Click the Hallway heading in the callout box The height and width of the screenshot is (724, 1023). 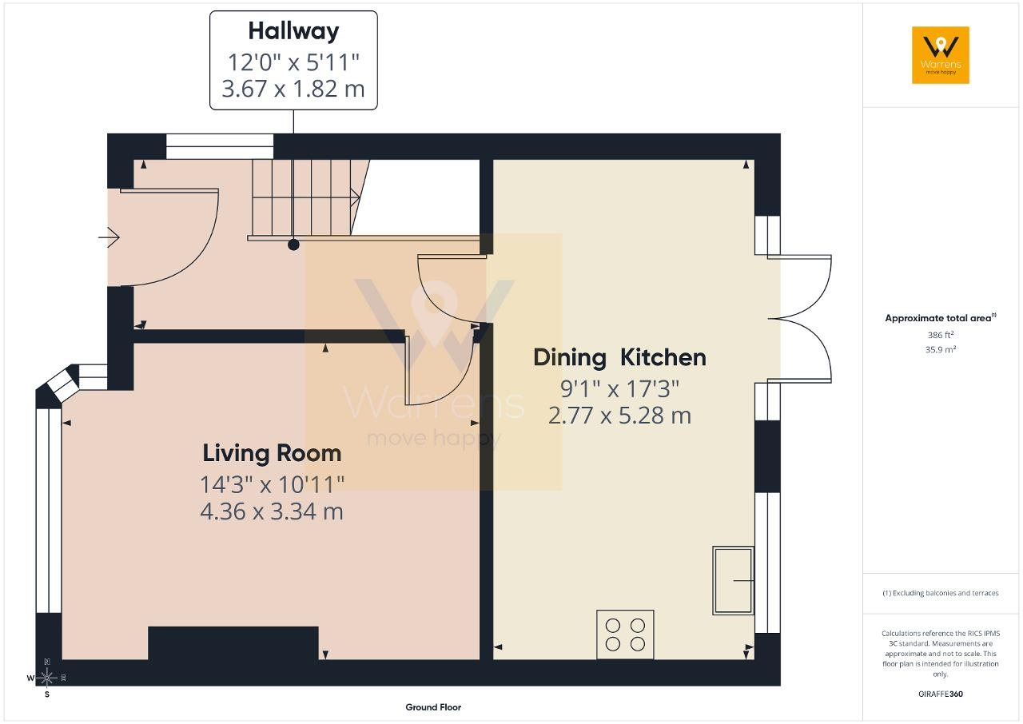click(x=293, y=32)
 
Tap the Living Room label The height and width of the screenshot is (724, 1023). click(x=272, y=453)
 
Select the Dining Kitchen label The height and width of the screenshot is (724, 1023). click(x=619, y=357)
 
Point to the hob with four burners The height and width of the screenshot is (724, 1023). click(x=625, y=634)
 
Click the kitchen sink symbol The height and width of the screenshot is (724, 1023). click(x=733, y=580)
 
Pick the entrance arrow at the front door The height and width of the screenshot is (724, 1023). click(x=109, y=237)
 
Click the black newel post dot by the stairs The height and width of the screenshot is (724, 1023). click(x=293, y=245)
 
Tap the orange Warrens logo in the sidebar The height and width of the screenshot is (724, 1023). click(x=941, y=55)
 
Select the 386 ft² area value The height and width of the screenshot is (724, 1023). click(x=941, y=335)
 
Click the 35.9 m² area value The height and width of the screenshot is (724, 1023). click(x=941, y=350)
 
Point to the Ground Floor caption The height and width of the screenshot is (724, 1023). click(x=433, y=707)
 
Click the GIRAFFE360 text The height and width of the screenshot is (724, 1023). click(x=941, y=694)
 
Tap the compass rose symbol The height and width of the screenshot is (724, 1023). click(x=47, y=678)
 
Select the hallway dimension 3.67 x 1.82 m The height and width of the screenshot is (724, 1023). click(x=293, y=89)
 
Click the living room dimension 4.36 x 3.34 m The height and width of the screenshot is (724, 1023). click(x=272, y=511)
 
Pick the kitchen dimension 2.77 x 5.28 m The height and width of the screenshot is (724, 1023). click(x=619, y=416)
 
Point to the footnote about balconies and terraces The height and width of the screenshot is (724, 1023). click(x=941, y=593)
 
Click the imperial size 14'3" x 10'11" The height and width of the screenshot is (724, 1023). click(x=273, y=485)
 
